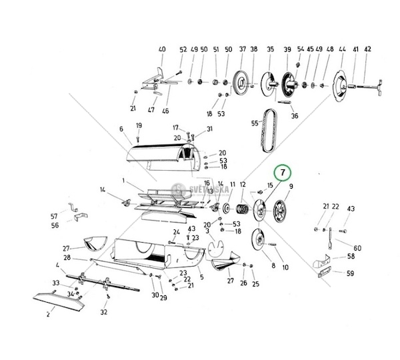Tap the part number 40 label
click(x=161, y=50)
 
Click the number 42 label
click(x=368, y=49)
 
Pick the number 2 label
click(x=48, y=315)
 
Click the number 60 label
click(x=358, y=247)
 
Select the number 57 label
click(x=55, y=216)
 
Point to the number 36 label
click(x=295, y=116)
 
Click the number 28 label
click(x=67, y=257)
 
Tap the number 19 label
click(x=139, y=125)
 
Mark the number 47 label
click(x=151, y=109)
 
